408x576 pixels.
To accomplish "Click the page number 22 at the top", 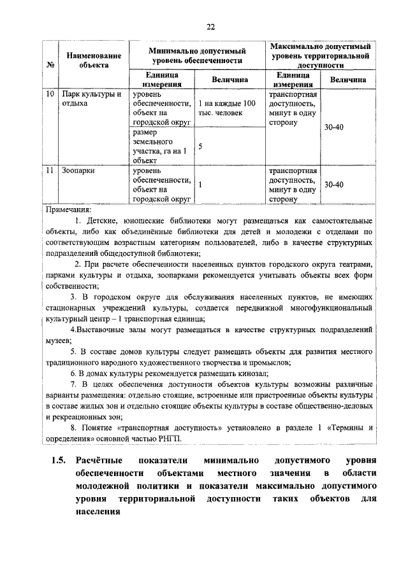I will pyautogui.click(x=210, y=26).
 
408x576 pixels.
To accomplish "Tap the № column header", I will pyautogui.click(x=50, y=65).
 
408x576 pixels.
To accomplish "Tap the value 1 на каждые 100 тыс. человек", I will pyautogui.click(x=227, y=109).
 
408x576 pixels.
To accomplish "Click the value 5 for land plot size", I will pyautogui.click(x=200, y=146).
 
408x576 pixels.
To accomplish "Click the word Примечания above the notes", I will pyautogui.click(x=69, y=208).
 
